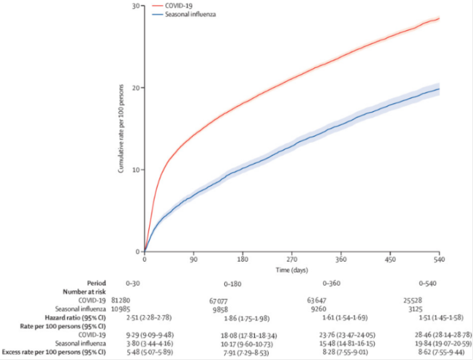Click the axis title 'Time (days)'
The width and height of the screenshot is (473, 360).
pyautogui.click(x=292, y=269)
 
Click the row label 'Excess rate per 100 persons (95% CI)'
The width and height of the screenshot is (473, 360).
pyautogui.click(x=53, y=354)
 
